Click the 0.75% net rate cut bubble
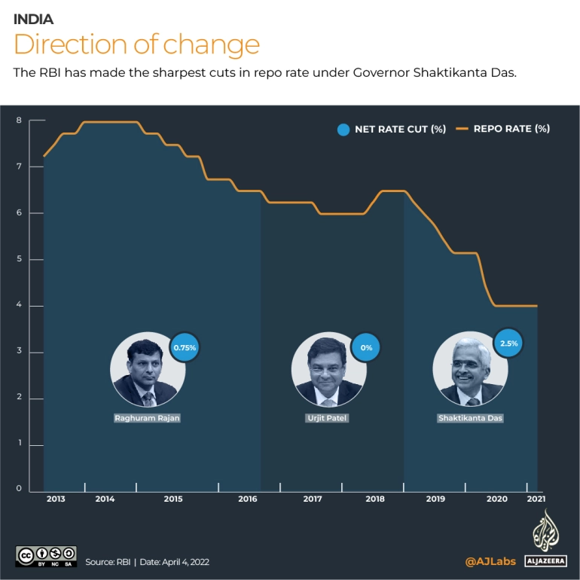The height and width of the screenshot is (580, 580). [185, 348]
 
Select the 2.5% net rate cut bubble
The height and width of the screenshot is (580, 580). [508, 344]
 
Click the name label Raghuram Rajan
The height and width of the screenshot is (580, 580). [148, 417]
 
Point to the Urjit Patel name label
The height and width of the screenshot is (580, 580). [326, 417]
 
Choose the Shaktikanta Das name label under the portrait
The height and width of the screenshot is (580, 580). [469, 417]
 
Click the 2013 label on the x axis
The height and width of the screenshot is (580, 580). [56, 499]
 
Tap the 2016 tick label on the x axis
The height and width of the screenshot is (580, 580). [248, 499]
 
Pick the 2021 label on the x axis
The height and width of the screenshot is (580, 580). [536, 499]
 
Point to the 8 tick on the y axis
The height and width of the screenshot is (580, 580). [19, 121]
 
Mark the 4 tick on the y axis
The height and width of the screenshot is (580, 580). [19, 306]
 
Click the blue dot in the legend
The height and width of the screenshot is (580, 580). [343, 129]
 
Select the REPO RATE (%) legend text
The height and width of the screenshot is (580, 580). [511, 129]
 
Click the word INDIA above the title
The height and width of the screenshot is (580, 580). [33, 20]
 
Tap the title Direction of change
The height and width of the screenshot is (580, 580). [136, 44]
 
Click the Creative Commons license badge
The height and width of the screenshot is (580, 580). [46, 556]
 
